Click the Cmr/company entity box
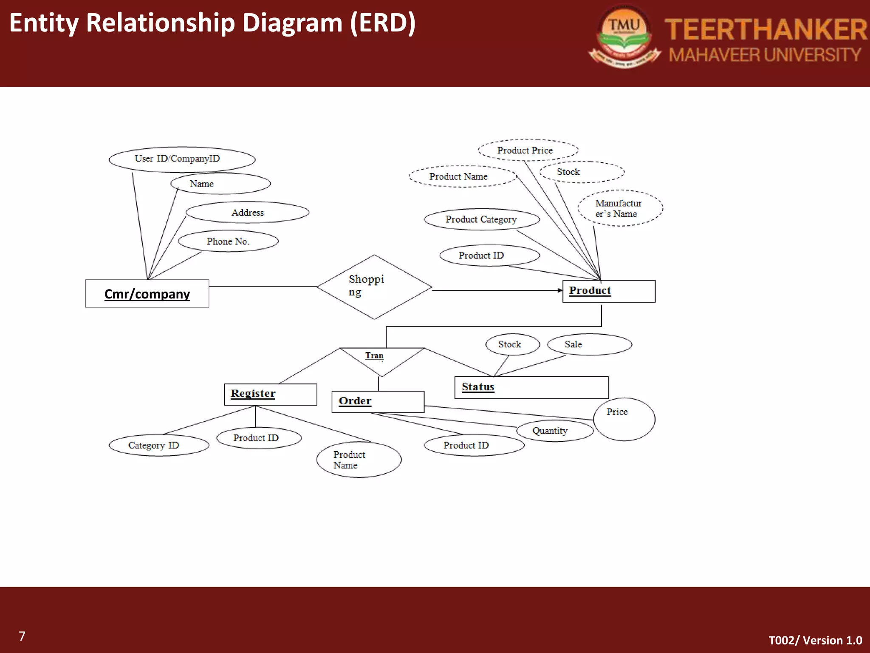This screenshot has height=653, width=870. point(147,293)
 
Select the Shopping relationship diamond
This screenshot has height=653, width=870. point(374,287)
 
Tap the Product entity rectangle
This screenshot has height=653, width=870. point(609,291)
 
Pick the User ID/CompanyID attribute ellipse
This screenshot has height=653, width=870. point(182,159)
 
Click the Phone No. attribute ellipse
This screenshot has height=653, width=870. point(228,241)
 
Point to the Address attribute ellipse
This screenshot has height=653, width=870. point(247,212)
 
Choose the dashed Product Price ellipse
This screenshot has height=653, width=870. point(528,150)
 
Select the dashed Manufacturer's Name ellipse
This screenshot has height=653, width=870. point(620,208)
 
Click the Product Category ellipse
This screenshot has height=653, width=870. point(482,219)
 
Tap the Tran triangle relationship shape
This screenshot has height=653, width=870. point(381,360)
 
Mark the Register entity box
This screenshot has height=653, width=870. point(271,394)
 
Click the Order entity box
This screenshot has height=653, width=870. point(378,401)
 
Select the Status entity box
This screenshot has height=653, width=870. point(531,387)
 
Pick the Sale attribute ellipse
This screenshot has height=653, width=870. point(589,344)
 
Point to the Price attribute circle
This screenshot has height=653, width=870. point(624,419)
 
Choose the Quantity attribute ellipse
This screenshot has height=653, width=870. point(554,431)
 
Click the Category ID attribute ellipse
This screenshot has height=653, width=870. point(159,445)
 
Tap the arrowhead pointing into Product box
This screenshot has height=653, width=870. point(560,290)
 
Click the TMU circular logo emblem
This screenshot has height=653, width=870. point(624,36)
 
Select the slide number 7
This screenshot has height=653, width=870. point(22,636)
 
